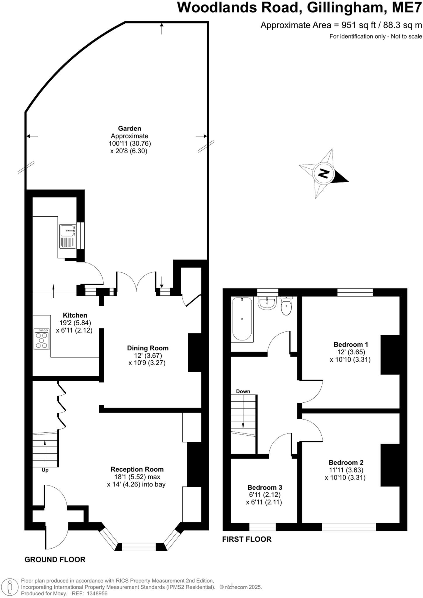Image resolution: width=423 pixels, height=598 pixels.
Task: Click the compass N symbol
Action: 323,174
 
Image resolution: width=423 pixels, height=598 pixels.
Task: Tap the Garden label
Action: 129,128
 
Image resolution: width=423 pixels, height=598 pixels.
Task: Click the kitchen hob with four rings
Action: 41,339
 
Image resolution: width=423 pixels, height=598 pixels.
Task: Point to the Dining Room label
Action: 148,348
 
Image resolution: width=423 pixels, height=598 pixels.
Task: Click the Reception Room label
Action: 137,469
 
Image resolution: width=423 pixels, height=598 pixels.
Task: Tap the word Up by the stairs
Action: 45,470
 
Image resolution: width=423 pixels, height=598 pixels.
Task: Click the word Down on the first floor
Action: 243,391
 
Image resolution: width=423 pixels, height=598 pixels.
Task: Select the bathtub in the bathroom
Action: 242,319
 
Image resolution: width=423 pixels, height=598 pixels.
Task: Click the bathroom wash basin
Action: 267,303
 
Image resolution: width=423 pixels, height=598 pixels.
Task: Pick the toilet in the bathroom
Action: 286,306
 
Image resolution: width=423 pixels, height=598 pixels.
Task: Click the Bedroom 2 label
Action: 346,463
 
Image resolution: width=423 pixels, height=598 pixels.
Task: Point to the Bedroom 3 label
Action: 264,487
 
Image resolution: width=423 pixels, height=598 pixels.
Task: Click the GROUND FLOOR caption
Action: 55,560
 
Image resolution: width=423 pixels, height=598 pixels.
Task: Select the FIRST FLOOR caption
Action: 247,539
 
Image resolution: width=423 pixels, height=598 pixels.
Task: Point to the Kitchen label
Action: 75,315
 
